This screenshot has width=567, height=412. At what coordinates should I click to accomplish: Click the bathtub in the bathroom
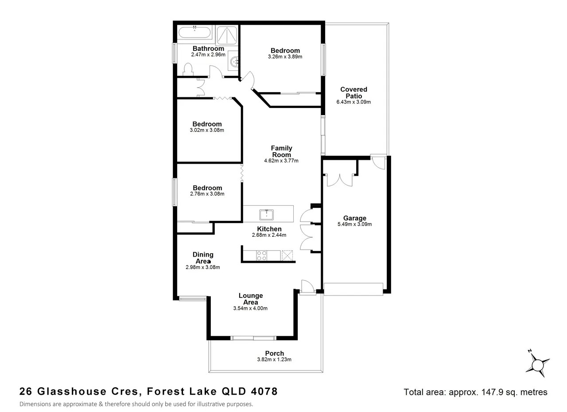click(194, 32)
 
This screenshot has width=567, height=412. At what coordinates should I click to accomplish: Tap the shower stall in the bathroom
click(227, 35)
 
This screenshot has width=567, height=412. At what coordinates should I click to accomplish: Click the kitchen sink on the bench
click(267, 215)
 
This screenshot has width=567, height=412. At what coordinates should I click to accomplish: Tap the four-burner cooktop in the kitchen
click(261, 255)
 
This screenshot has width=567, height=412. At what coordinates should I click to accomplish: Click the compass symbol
click(537, 365)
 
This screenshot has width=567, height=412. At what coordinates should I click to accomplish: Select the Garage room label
click(355, 218)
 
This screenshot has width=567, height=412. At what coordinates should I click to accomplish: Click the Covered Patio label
click(353, 92)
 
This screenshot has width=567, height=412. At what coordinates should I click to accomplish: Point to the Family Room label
click(281, 151)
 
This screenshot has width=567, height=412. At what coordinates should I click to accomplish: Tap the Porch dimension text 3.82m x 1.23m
click(274, 359)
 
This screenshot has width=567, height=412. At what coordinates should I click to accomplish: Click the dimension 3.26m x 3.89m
click(285, 57)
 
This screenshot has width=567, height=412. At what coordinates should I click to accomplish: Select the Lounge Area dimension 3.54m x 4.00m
click(250, 308)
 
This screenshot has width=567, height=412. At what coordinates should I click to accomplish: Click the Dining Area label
click(203, 258)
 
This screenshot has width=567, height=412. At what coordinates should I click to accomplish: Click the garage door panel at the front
click(353, 289)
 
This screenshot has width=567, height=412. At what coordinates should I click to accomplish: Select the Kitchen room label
click(269, 229)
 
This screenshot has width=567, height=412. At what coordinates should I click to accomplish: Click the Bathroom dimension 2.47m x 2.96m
click(208, 54)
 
